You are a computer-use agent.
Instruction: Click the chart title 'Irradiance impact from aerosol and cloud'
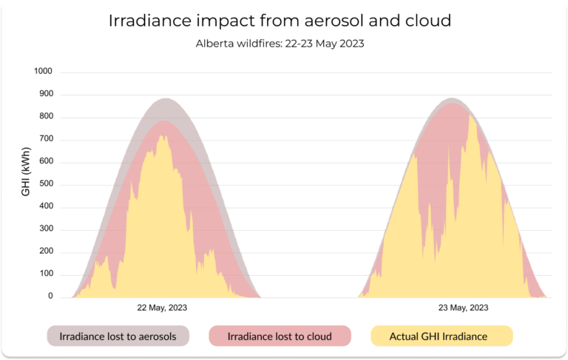[x=280, y=21]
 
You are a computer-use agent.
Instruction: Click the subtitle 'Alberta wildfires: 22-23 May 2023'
[x=280, y=44]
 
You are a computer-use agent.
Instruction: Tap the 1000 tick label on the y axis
[x=44, y=72]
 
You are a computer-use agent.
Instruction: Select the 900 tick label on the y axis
[x=46, y=95]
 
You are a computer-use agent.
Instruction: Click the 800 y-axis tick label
[x=46, y=117]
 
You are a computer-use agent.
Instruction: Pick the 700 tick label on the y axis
[x=46, y=139]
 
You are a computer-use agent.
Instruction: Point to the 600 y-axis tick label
[x=46, y=162]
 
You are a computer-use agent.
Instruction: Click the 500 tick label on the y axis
[x=46, y=184]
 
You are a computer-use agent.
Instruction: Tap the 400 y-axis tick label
[x=46, y=206]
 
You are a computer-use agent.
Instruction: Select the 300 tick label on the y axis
[x=46, y=229]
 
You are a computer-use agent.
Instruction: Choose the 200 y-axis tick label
[x=46, y=251]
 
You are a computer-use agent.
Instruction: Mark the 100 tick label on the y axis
[x=46, y=274]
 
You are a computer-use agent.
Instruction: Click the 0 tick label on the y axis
[x=50, y=296]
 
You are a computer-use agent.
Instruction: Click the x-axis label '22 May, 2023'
[x=163, y=308]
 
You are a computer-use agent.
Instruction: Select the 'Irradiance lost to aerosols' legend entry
[x=118, y=336]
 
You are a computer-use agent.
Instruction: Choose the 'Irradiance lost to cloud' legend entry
[x=280, y=336]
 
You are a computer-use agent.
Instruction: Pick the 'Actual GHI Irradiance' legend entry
[x=439, y=336]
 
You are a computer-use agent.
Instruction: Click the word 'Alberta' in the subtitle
[x=214, y=44]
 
